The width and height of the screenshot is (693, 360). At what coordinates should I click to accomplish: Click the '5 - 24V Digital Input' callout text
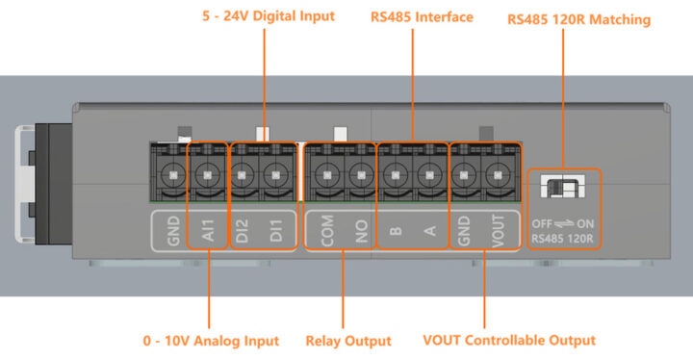pos(269,16)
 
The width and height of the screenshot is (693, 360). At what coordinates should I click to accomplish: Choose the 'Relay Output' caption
pos(347,340)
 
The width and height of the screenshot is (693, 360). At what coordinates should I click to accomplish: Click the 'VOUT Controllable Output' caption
pos(508,340)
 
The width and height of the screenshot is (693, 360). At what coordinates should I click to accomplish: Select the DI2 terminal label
pos(244,232)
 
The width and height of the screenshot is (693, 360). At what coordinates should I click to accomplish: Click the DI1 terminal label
pos(276,232)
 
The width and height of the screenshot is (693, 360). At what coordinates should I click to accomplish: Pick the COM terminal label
pos(328,232)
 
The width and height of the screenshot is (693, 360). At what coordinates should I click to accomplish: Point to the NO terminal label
pos(361,232)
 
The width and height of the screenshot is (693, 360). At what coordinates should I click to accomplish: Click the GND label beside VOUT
pos(464,232)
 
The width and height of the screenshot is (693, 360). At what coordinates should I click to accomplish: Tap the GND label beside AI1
pos(174,232)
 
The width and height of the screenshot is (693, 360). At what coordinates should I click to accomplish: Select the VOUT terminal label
pos(498,232)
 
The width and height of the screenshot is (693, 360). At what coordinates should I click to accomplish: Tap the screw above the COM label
pos(328,176)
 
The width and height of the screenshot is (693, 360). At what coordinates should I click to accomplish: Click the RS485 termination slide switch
pos(564,188)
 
